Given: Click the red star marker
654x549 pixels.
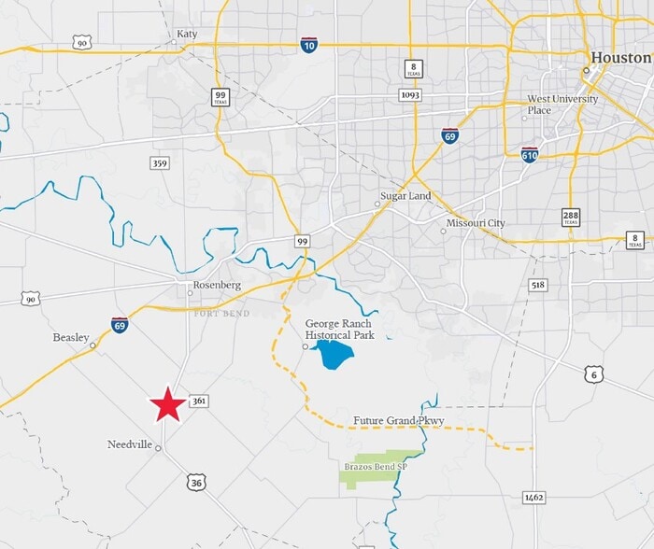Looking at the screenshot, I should tap(168, 405).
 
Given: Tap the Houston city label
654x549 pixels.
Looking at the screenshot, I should tap(620, 57).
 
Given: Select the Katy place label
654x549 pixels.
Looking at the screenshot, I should tap(187, 35).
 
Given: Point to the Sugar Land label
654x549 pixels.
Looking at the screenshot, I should tap(405, 196).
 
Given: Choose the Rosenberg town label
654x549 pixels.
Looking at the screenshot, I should tap(217, 285).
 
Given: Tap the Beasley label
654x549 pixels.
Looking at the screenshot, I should tap(71, 337).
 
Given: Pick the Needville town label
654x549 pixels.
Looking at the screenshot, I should tap(130, 444).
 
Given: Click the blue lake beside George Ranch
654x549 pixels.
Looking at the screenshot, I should tap(331, 356).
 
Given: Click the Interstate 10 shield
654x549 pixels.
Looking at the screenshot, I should tap(308, 44).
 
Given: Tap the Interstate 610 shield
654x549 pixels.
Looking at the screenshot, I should tap(529, 153).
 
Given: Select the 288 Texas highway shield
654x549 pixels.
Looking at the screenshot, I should tap(571, 218).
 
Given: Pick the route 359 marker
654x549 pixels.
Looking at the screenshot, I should tap(160, 162).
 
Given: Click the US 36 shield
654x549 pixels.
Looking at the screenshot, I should tap(195, 482).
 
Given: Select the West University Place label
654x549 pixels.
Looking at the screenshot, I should tap(552, 104).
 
